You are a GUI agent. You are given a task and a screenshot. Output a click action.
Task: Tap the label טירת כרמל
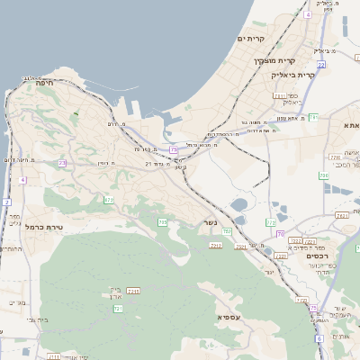pos(43,227)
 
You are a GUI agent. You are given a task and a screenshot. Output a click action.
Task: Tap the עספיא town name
pos(228,317)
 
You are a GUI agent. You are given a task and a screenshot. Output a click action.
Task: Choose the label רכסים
pos(319,256)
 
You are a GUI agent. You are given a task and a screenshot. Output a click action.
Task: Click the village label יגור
pos(268,270)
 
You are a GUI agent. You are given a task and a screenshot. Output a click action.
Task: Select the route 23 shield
pos(62,163)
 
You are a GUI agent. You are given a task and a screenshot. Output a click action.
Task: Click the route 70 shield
pos(280,234)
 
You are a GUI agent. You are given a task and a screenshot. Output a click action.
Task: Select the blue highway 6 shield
pos(319,338)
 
